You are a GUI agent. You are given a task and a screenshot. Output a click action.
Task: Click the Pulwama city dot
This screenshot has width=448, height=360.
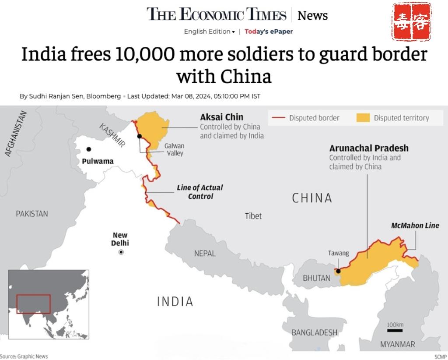pos(89,149)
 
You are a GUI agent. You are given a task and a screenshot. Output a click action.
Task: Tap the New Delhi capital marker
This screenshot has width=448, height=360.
pos(121,252)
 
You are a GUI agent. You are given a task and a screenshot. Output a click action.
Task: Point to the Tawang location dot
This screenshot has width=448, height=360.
pos(338,271)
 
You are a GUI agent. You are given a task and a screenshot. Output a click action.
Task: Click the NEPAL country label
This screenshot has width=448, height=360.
pos(205,253)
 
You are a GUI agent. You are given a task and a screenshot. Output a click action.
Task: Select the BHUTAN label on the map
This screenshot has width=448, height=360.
pos(316,278)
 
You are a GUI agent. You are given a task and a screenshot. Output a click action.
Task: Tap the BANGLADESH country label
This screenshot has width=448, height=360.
pos(315,332)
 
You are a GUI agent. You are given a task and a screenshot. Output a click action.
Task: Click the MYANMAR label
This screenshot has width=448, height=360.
pos(397,344)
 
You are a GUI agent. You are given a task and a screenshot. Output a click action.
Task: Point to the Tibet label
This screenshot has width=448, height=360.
pos(253,216)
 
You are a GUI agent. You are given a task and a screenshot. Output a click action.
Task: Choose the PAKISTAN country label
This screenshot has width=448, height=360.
pos(32,214)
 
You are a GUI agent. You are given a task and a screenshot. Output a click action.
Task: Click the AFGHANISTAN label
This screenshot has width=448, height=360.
pos(16,134)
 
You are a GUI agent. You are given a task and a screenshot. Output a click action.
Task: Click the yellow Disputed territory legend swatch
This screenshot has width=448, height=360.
pos(363,117)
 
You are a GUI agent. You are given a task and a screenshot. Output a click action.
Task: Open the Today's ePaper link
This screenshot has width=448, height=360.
pos(269,31)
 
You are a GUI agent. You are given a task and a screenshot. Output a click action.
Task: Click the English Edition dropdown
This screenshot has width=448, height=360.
pos(209,31)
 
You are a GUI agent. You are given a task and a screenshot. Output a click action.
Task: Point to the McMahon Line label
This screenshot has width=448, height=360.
pos(415,226)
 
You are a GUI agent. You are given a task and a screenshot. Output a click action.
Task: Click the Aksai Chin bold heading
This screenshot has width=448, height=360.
pos(221,117)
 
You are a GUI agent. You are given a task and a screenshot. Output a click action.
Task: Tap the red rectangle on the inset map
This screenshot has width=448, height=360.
pos(33,304)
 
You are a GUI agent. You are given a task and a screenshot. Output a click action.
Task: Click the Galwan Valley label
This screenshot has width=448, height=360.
pos(174,149)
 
